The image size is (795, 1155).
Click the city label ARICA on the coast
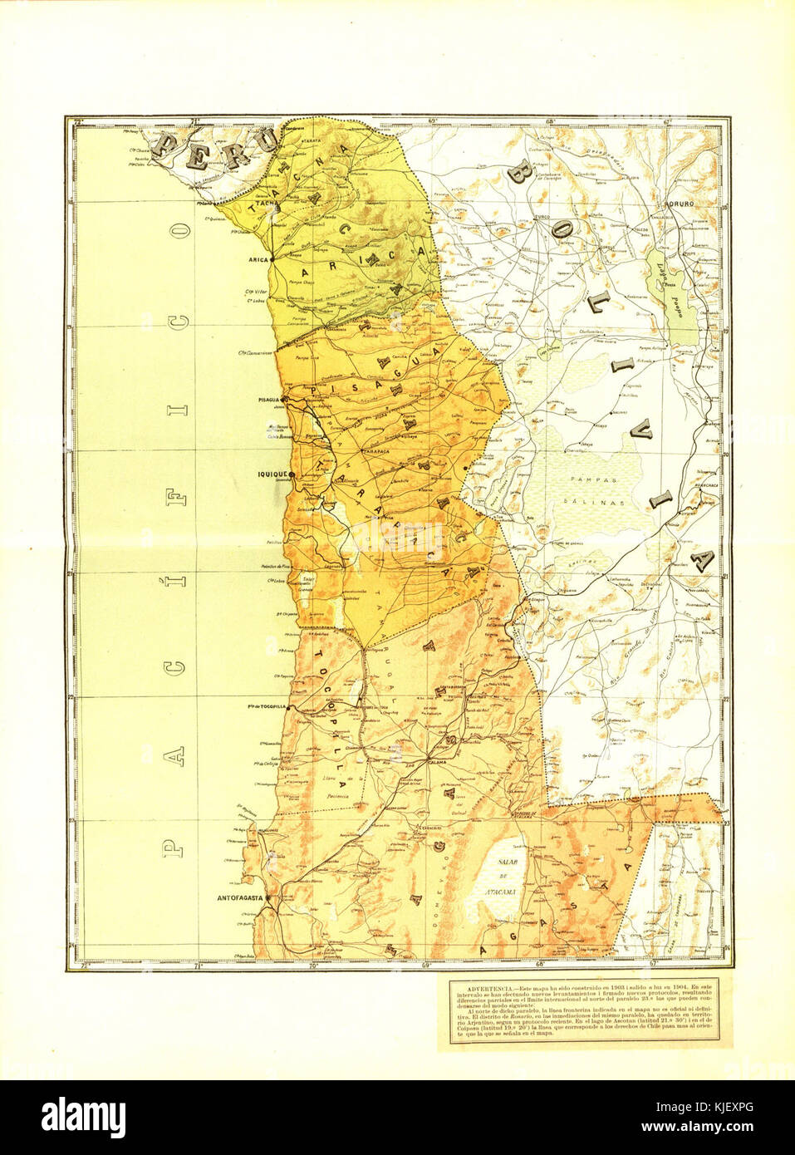point(260,259)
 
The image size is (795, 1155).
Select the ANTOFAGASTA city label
point(240,899)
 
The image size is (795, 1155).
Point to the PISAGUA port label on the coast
point(264,400)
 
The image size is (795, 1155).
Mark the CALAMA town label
point(437,761)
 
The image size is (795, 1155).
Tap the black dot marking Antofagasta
point(268,898)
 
